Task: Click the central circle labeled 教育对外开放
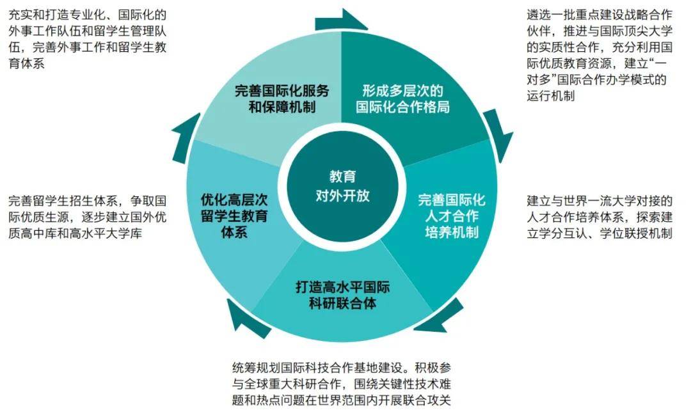coord(342,187)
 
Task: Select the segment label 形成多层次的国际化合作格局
coord(403,98)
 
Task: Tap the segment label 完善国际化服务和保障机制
coord(282,98)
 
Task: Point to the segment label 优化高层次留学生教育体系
coord(234,216)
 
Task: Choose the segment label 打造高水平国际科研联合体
coord(342,295)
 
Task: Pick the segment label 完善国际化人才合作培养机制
coord(452,216)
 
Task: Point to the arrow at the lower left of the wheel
coord(247,318)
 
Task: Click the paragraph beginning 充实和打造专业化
coord(87,39)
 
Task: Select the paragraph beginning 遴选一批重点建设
coord(600,55)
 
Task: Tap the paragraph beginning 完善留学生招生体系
coord(87,217)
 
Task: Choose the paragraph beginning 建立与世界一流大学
coord(600,217)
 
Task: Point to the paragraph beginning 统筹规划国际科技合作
coord(342,384)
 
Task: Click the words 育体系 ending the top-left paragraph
coord(26,63)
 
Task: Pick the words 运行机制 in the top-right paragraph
coord(551,95)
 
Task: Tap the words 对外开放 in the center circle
coord(342,196)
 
